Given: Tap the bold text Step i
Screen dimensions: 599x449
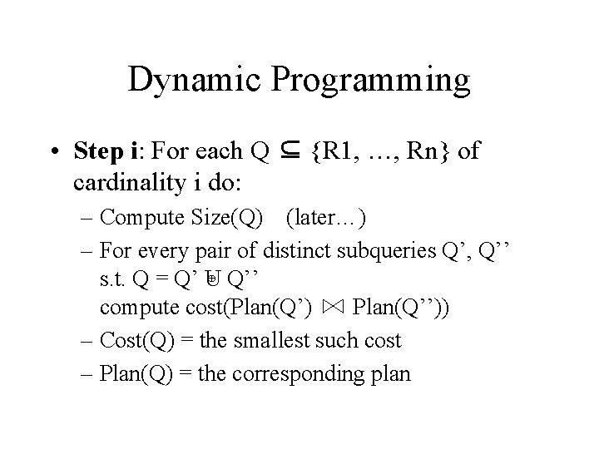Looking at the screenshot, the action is coord(126,152).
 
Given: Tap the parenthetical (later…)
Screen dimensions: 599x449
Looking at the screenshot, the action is coord(326,219).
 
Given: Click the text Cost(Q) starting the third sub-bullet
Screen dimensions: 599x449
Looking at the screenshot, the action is coord(132,339).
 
